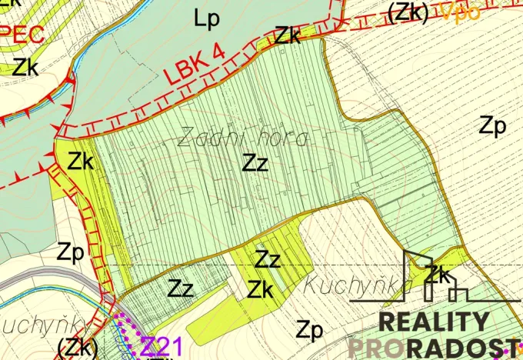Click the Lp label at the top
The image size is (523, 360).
tap(207, 20)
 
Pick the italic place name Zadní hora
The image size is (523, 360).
tap(242, 138)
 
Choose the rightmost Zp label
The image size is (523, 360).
tap(492, 125)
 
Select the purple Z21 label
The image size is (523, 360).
tap(162, 345)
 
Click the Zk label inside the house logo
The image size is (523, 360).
tap(437, 273)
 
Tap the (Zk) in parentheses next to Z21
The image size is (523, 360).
tap(78, 346)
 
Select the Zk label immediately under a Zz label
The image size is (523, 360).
tap(261, 289)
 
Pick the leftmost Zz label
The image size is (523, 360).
tap(181, 289)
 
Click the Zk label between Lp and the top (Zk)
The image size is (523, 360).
tap(288, 35)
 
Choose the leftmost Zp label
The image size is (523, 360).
tap(70, 252)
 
